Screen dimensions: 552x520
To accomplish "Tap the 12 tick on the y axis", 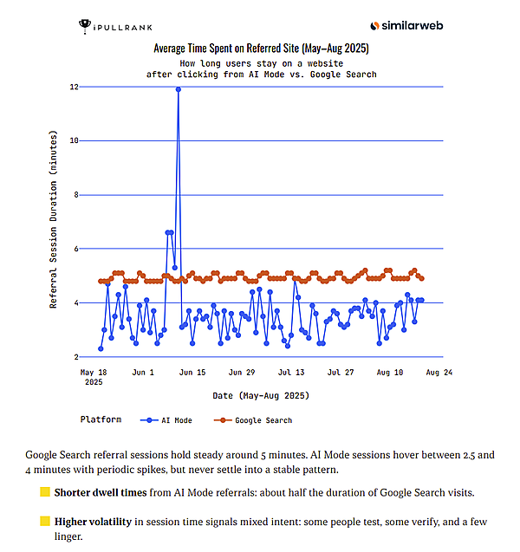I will (75, 87).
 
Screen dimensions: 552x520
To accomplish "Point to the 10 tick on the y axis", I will (75, 140).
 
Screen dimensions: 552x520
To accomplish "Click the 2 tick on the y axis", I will (76, 357).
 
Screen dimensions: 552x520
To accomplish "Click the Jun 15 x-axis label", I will (192, 373).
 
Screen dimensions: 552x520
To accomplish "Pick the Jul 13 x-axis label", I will (291, 373).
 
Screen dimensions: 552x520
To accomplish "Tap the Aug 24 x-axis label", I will (439, 373).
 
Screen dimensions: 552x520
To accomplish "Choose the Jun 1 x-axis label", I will (143, 373).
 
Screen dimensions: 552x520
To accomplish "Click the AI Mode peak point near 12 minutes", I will (178, 88).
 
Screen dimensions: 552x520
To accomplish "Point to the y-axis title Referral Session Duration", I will (54, 221).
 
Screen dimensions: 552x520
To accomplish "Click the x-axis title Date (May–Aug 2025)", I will (260, 395).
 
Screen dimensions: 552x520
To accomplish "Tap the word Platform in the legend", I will (101, 419).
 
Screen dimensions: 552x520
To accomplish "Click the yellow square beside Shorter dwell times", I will (45, 493).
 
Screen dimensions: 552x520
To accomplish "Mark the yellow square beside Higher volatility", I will (45, 522).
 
